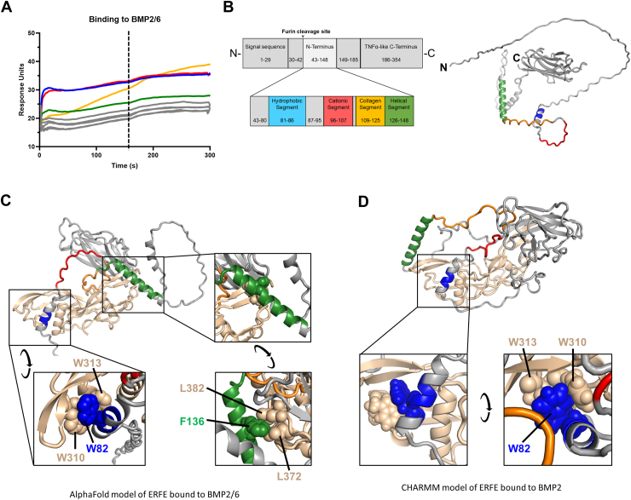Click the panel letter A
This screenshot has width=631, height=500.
[7, 7]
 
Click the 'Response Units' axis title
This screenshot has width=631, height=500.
[9, 90]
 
